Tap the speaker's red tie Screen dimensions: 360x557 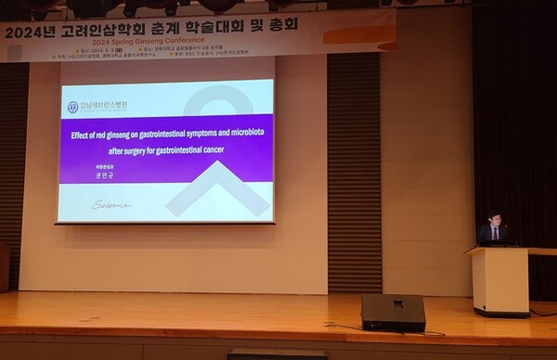tap(496, 234)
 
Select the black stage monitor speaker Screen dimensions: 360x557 tap(393, 312)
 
